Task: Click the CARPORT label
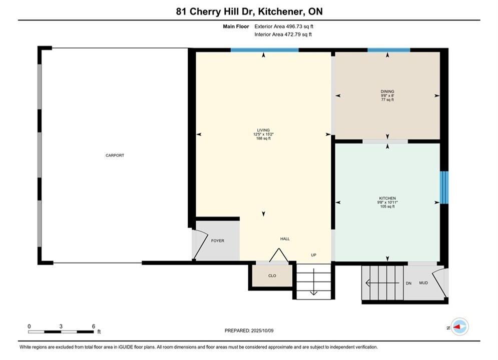(x=115, y=155)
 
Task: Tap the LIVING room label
(x=263, y=130)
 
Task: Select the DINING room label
(x=387, y=91)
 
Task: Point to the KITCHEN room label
(x=387, y=198)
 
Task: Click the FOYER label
(x=218, y=240)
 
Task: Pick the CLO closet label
(x=272, y=275)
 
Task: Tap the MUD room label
(x=423, y=282)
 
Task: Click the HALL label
(x=285, y=239)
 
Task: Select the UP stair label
(x=313, y=255)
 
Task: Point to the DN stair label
(x=408, y=283)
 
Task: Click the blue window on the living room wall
(x=264, y=50)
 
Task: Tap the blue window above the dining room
(x=389, y=50)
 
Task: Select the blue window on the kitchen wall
(x=444, y=187)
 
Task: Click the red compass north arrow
(x=457, y=326)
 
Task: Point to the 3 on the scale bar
(x=61, y=326)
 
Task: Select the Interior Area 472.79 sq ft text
(x=283, y=34)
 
